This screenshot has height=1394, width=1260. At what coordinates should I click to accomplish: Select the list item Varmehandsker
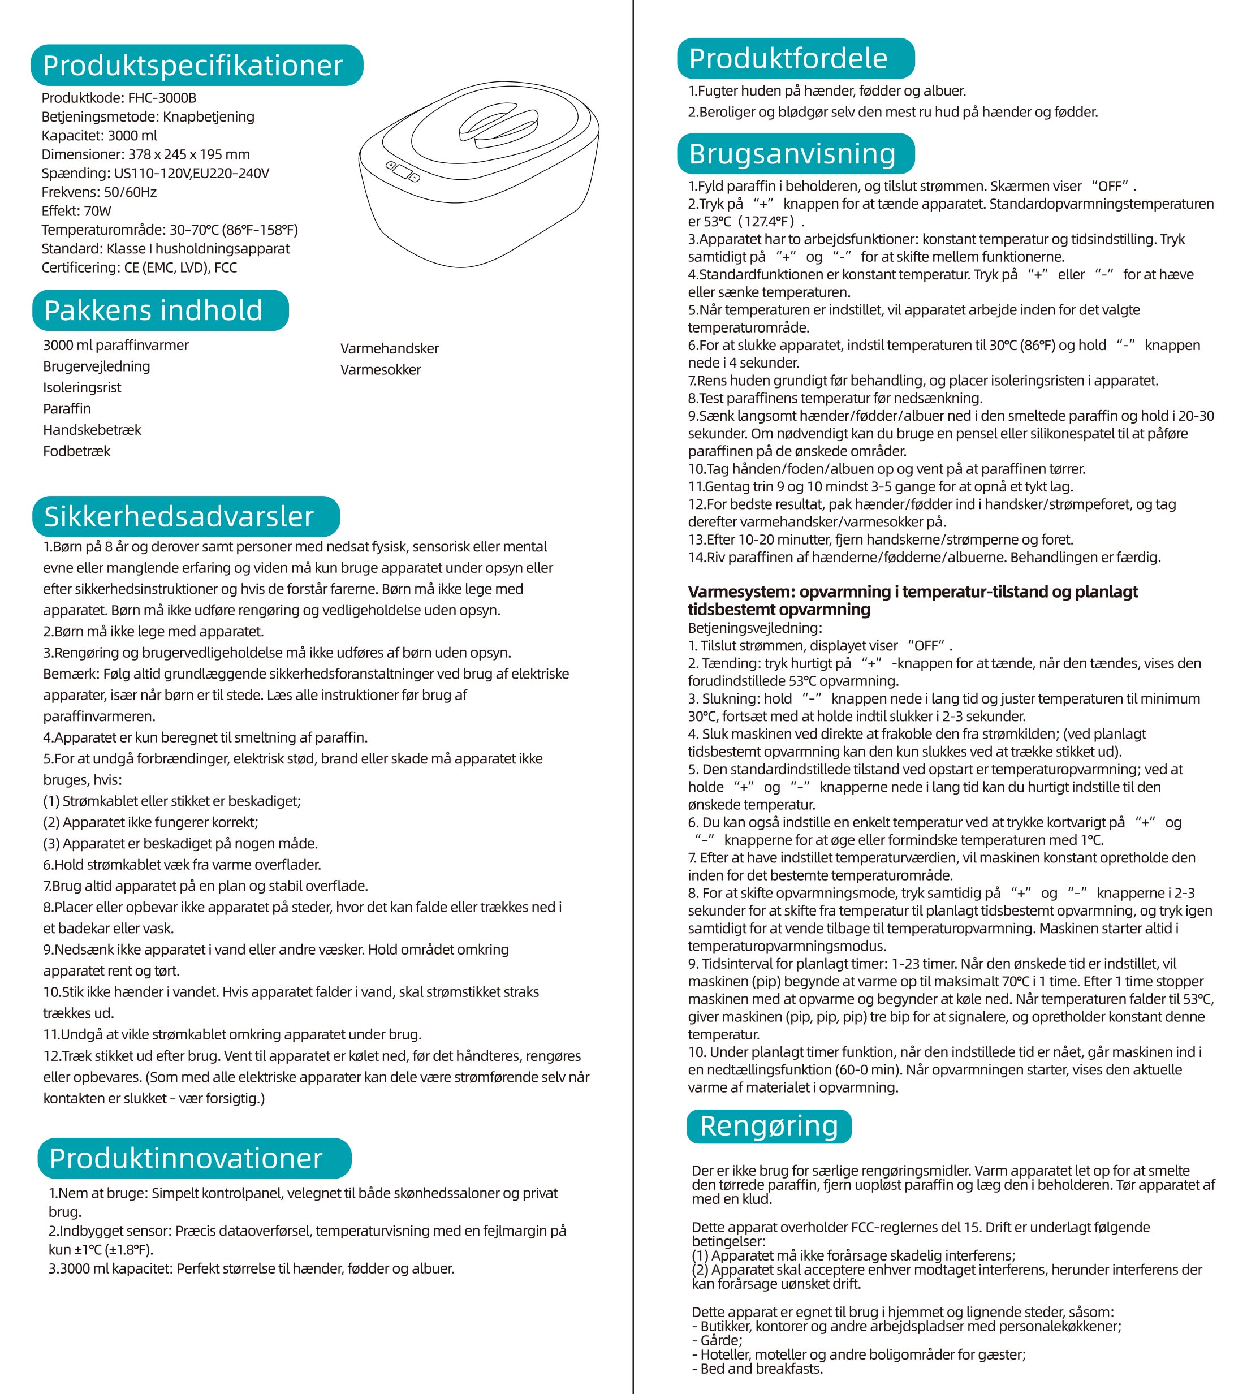pyautogui.click(x=389, y=349)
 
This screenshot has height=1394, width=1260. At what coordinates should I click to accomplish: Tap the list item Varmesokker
pyautogui.click(x=381, y=370)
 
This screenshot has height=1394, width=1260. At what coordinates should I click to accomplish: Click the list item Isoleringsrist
pyautogui.click(x=81, y=388)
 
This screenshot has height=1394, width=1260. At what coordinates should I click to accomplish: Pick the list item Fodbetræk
pyautogui.click(x=76, y=451)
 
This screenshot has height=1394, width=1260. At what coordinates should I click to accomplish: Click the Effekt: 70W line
pyautogui.click(x=76, y=211)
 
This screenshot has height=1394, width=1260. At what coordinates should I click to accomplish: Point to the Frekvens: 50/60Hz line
pyautogui.click(x=99, y=192)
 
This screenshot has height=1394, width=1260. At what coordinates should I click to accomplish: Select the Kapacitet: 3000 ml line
pyautogui.click(x=99, y=136)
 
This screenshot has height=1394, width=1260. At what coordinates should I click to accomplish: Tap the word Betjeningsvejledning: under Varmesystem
pyautogui.click(x=754, y=628)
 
